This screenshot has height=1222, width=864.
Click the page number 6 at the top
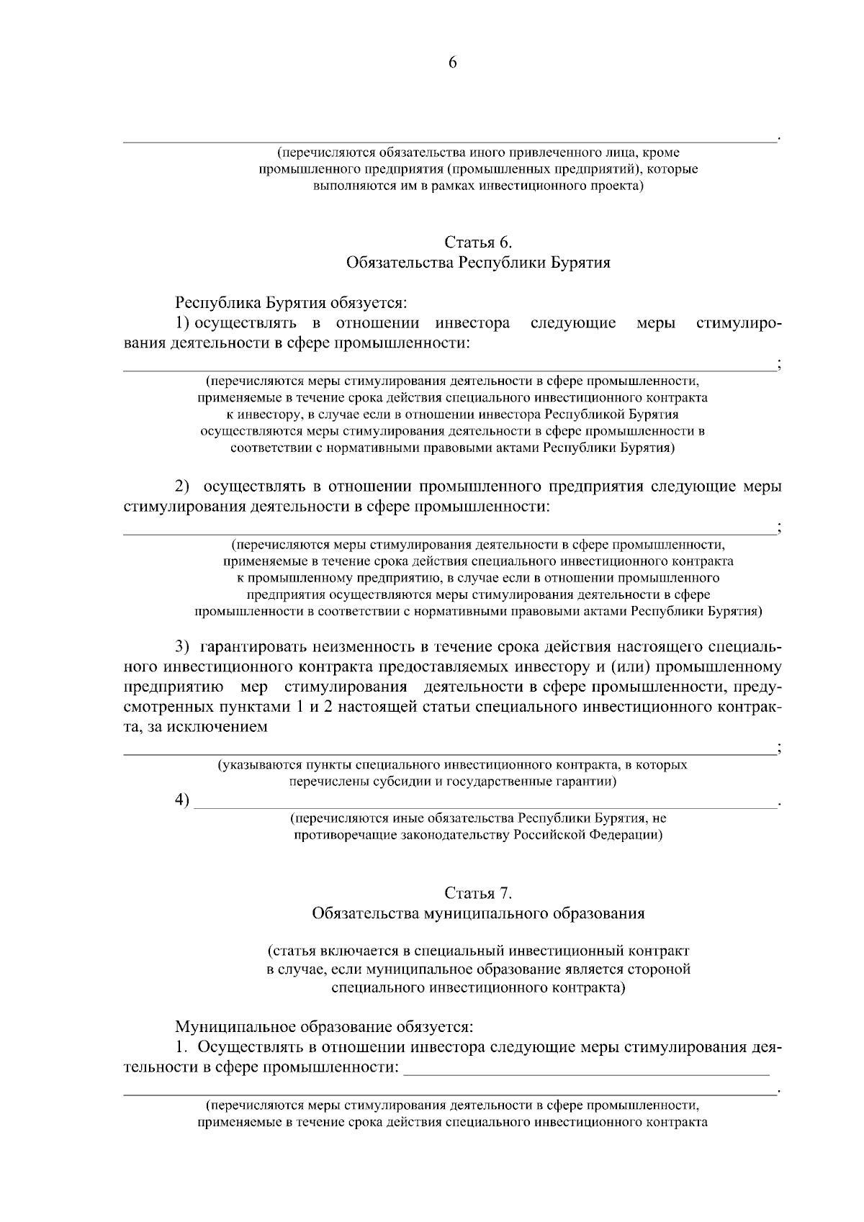[453, 63]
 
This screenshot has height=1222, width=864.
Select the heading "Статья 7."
[478, 893]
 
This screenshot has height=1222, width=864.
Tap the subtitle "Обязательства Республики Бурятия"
[478, 263]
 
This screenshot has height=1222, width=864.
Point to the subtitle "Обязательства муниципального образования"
[478, 914]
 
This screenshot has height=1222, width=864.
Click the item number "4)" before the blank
[182, 800]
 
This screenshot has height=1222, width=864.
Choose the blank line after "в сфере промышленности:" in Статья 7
[587, 1071]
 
